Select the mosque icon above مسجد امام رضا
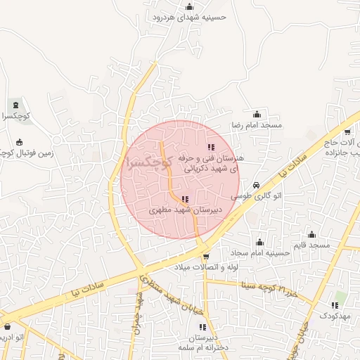[257, 114]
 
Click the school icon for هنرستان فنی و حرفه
[210, 147]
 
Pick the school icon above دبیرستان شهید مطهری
[185, 200]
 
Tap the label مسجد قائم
[313, 245]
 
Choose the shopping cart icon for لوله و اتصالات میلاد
[205, 257]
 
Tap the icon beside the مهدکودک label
[334, 305]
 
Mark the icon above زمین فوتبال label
[19, 141]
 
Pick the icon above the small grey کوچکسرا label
[16, 105]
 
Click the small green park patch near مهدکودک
[341, 295]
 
